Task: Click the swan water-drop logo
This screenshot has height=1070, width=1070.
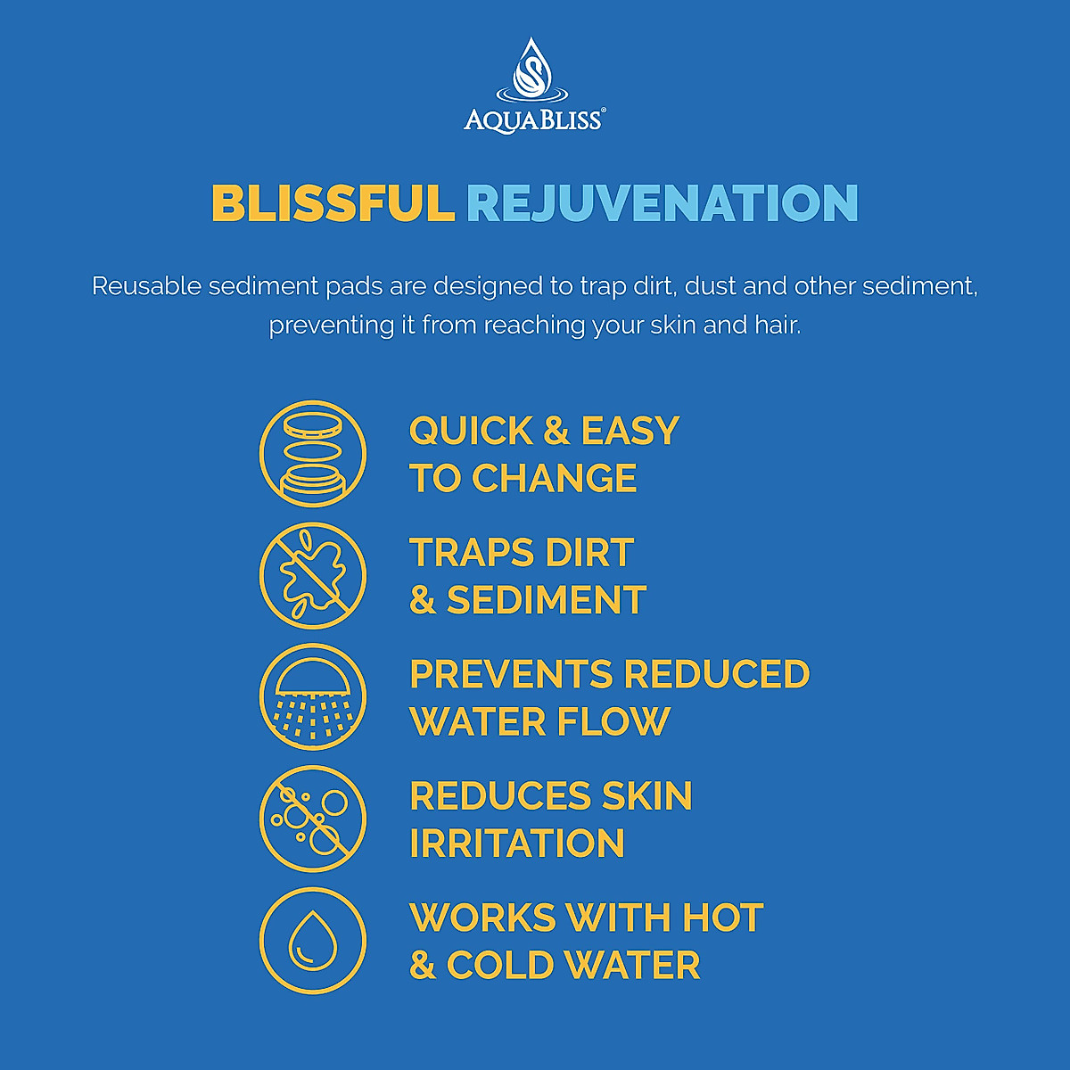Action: [532, 70]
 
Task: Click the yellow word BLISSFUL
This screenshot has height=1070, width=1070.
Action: [333, 203]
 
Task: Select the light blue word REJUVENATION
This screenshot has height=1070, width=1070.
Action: [663, 204]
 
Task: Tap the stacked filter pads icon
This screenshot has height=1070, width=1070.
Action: [313, 454]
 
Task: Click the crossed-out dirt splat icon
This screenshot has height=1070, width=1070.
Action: [313, 575]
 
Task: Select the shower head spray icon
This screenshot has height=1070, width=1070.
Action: [313, 697]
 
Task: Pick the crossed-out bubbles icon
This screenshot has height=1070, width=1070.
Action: [313, 819]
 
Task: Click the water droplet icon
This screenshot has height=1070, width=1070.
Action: [313, 940]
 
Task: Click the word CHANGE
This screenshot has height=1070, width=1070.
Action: [554, 478]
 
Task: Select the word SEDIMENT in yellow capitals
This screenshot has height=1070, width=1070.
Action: [547, 600]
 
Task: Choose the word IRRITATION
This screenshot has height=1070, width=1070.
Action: [517, 843]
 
